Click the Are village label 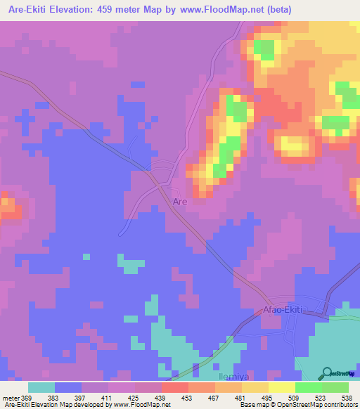180,202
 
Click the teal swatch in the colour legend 41,387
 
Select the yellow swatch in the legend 282,387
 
